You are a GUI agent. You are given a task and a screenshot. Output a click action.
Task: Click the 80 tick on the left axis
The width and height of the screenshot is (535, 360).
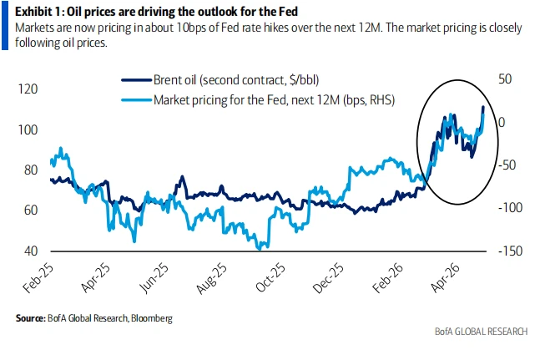click(31, 170)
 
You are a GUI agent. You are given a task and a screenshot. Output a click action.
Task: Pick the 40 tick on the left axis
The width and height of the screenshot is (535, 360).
click(31, 251)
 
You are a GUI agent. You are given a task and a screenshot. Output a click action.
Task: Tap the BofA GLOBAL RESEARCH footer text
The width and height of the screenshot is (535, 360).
click(481, 332)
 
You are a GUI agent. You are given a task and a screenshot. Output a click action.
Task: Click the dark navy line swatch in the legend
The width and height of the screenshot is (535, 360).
click(136, 81)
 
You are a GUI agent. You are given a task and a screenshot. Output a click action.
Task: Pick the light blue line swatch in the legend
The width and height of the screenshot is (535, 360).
click(136, 99)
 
